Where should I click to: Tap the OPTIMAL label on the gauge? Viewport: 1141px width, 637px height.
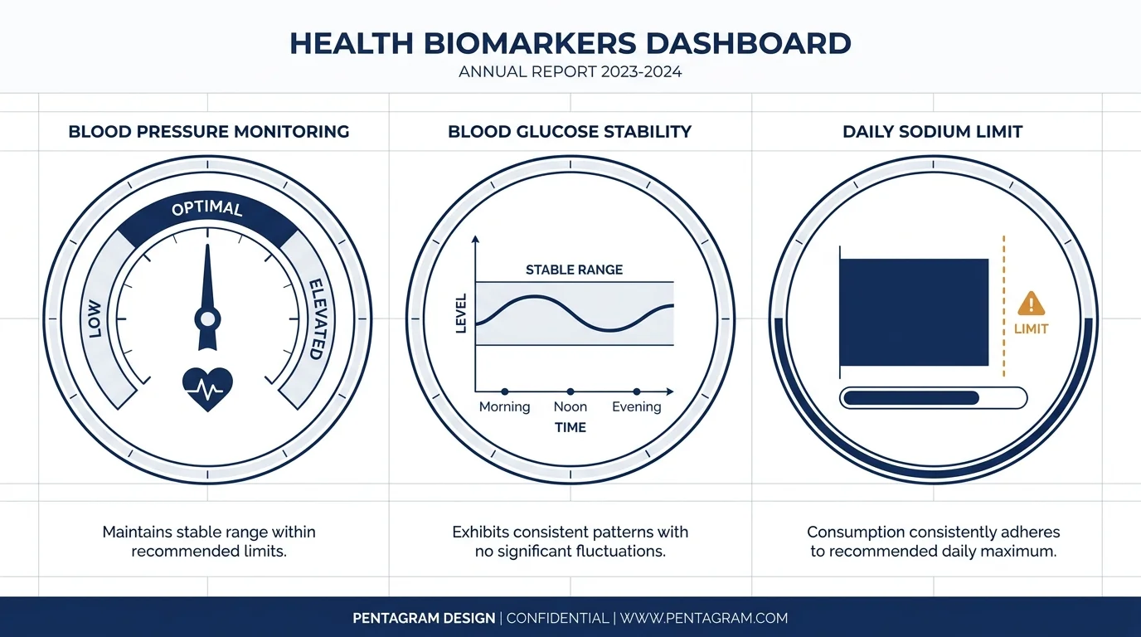click(207, 208)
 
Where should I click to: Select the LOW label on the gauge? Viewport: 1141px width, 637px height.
click(94, 318)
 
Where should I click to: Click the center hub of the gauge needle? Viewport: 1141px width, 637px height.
click(207, 318)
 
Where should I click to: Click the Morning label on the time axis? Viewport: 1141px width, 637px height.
click(504, 406)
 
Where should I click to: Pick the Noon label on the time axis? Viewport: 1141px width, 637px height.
click(570, 406)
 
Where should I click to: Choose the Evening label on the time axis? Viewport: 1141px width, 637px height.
click(636, 406)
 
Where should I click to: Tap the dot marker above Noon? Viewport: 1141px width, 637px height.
click(570, 391)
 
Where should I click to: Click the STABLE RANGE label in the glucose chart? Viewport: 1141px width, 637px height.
click(574, 270)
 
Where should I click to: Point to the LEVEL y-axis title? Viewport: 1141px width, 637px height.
click(462, 314)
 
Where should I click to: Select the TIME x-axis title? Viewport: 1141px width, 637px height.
click(570, 427)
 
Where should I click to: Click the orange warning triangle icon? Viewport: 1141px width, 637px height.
click(1032, 303)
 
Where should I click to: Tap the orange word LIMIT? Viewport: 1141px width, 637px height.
click(1032, 328)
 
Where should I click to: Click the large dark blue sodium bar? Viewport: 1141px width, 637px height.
click(915, 312)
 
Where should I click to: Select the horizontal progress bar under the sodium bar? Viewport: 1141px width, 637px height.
click(933, 397)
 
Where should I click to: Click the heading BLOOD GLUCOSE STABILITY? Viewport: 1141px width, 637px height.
click(570, 132)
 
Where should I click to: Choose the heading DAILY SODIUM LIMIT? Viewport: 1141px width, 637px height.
click(932, 132)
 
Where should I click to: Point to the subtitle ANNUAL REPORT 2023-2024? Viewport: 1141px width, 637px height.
click(570, 72)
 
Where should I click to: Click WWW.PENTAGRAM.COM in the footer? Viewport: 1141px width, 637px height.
click(704, 618)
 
